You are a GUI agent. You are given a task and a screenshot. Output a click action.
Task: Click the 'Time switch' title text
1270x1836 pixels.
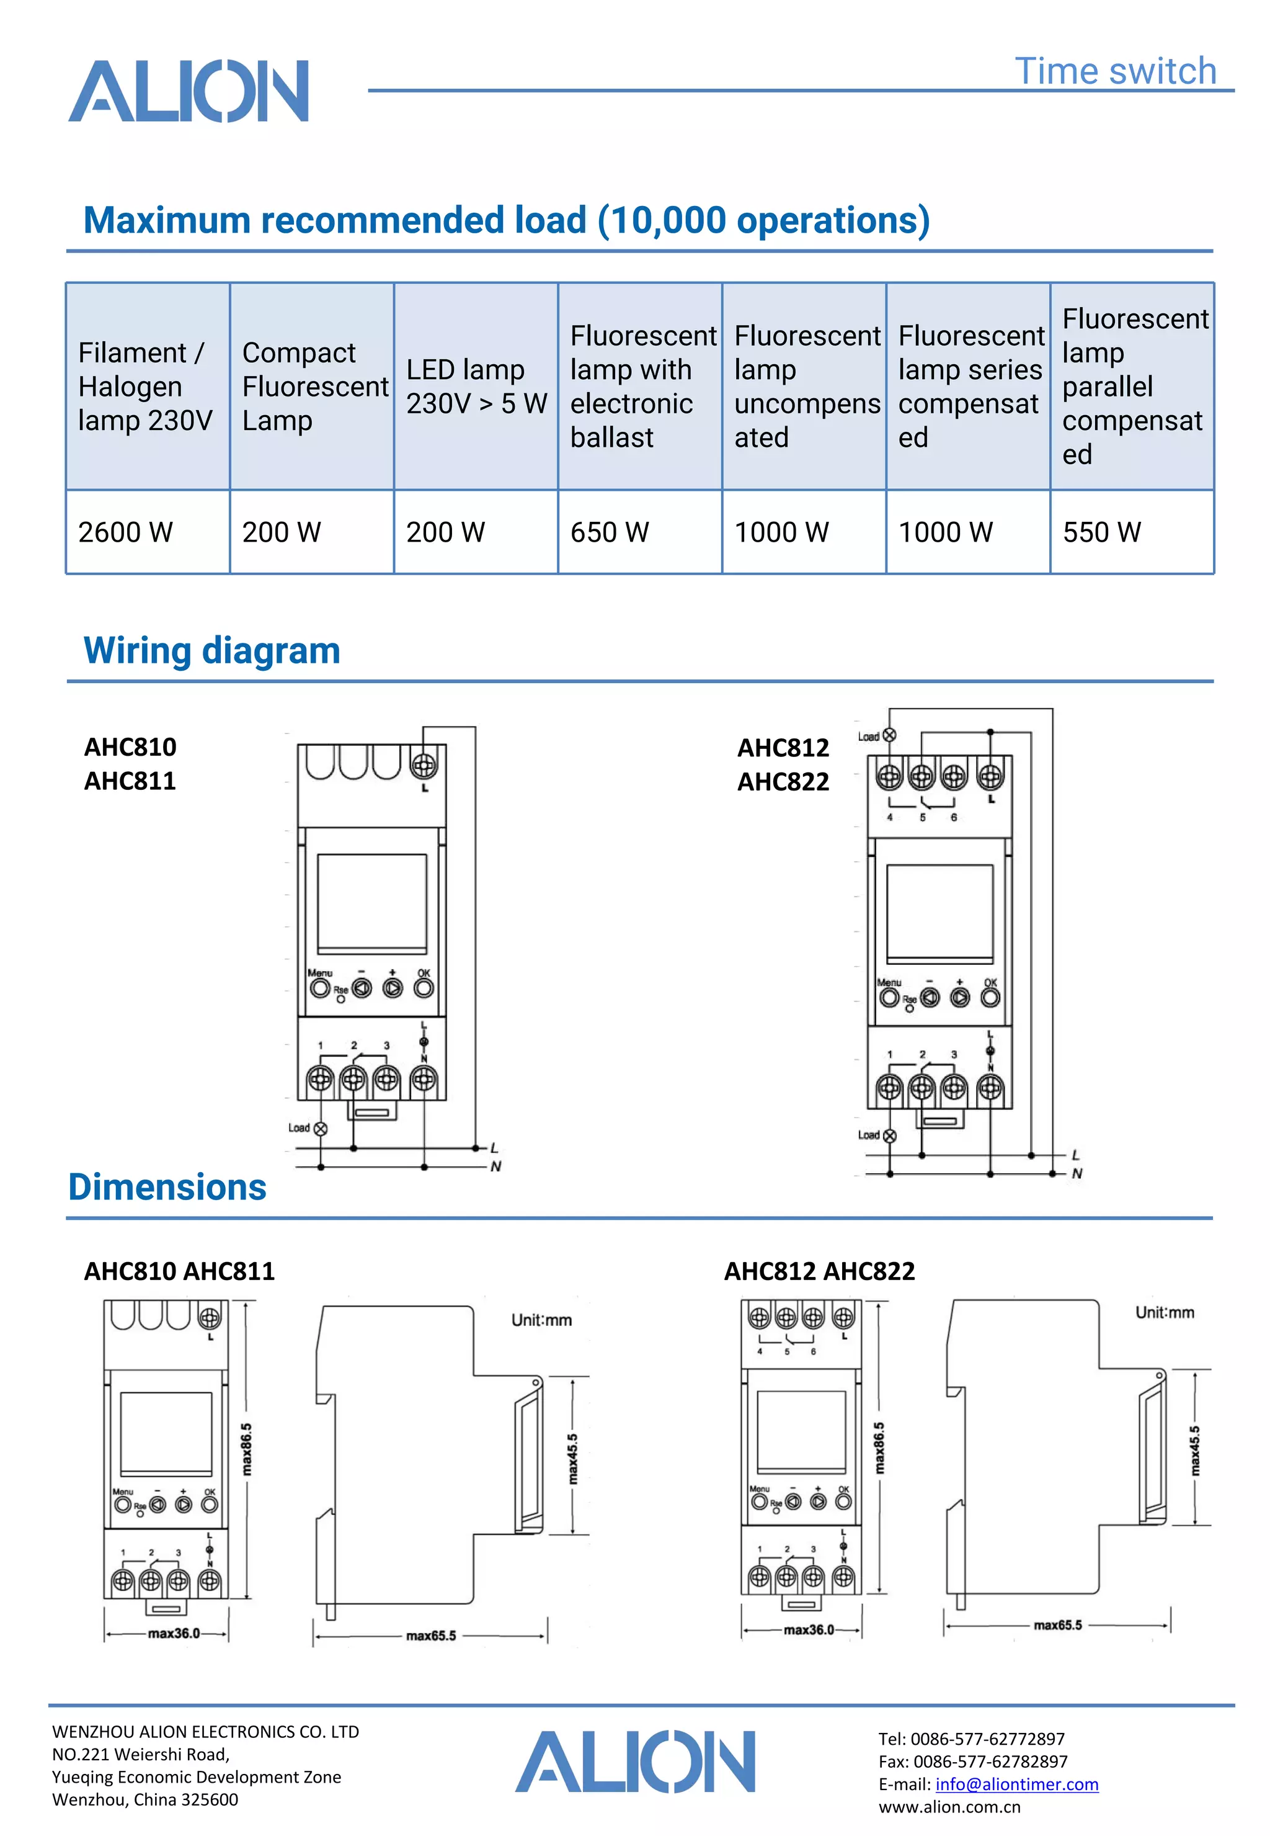[x=1115, y=71]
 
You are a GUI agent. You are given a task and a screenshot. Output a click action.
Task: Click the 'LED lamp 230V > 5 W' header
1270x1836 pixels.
[x=476, y=387]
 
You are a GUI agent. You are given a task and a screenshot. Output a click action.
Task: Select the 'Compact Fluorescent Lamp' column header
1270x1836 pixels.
[x=312, y=387]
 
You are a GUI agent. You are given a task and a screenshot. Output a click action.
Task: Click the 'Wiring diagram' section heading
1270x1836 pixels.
[x=211, y=650]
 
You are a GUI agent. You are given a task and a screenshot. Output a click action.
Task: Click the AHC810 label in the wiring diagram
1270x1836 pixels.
[x=130, y=747]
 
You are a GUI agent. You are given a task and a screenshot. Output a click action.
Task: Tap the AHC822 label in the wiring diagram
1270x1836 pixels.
[x=783, y=782]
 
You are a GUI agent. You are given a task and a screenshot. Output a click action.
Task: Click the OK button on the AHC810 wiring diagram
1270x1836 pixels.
[x=424, y=988]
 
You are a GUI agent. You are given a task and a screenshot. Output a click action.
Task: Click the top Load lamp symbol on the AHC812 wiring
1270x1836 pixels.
[x=890, y=735]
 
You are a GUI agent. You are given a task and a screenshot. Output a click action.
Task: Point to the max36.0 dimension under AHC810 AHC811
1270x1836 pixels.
[x=174, y=1633]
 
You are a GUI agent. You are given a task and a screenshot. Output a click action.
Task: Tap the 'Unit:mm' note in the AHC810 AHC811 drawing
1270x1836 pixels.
[x=541, y=1320]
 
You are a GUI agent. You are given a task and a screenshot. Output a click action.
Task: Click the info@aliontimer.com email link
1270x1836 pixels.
[x=1016, y=1785]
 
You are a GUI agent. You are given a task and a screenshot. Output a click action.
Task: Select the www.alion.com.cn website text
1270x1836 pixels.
[x=949, y=1807]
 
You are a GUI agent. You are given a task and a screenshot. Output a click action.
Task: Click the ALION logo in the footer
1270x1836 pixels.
[x=635, y=1762]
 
